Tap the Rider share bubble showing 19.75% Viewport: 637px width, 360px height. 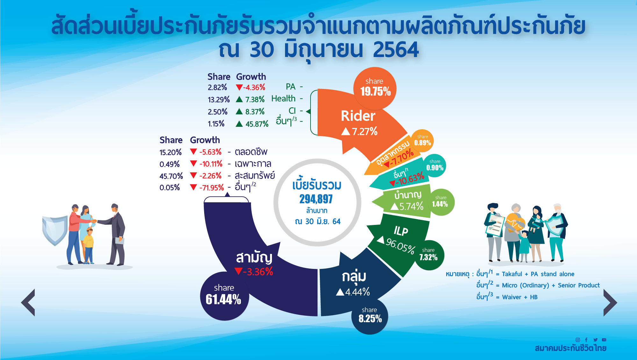click(x=375, y=88)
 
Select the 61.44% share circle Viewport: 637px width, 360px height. click(x=224, y=296)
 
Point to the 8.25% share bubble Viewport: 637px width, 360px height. click(x=370, y=316)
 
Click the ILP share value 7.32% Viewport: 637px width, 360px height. click(x=428, y=257)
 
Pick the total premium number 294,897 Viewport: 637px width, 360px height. click(x=316, y=199)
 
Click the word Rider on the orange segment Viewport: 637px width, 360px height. click(x=358, y=116)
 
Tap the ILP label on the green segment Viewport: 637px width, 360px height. click(x=401, y=231)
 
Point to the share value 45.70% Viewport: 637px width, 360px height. click(x=171, y=176)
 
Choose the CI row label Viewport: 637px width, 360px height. click(x=292, y=111)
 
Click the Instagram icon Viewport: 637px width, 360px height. click(x=578, y=340)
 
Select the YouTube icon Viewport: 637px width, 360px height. click(x=604, y=340)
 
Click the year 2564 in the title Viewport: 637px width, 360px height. click(x=396, y=50)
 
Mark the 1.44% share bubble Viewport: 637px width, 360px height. click(x=440, y=202)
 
